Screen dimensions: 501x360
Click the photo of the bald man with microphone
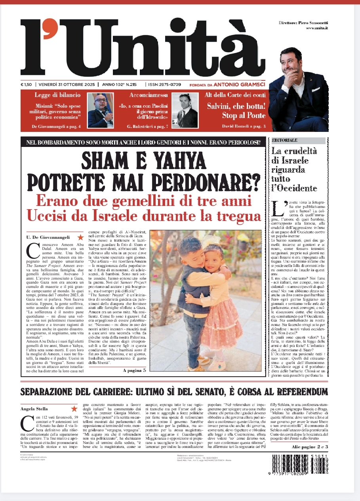tap(101, 110)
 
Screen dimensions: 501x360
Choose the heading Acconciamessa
tap(149, 95)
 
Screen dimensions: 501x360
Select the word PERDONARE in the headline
tap(198, 181)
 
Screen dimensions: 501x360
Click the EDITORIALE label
tap(284, 141)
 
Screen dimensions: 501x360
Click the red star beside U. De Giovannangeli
tap(80, 237)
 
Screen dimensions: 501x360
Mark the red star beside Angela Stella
tap(74, 409)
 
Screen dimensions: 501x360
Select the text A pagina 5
tap(134, 370)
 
